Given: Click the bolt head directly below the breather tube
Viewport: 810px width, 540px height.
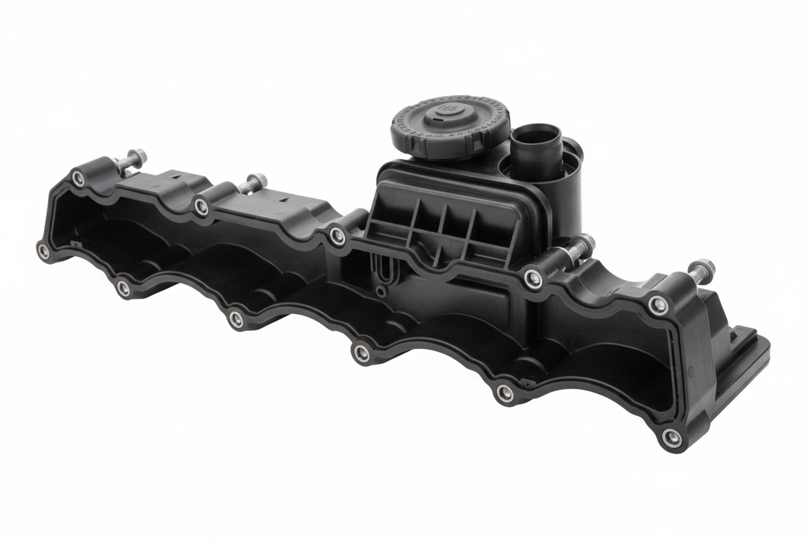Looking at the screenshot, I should click(x=585, y=243).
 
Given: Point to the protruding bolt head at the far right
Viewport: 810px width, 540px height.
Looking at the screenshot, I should click(x=703, y=267).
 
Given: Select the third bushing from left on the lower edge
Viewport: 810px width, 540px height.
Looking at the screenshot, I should click(x=237, y=318).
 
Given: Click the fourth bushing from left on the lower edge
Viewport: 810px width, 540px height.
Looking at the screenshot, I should click(x=362, y=353).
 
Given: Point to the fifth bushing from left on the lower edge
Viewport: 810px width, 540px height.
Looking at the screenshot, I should click(x=504, y=392).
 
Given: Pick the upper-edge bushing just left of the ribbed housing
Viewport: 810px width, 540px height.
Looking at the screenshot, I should click(x=337, y=236).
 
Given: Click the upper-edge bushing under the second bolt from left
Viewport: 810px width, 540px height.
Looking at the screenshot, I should click(x=202, y=207).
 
